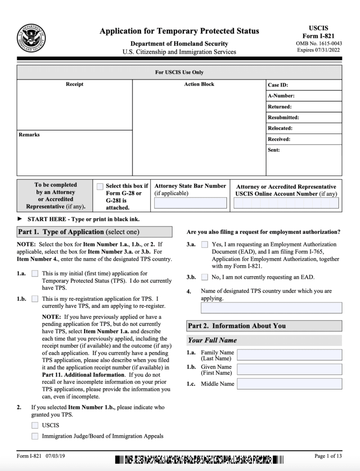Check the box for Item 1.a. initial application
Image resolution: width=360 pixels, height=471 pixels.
(x=35, y=274)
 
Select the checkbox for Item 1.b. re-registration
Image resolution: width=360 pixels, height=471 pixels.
(x=35, y=299)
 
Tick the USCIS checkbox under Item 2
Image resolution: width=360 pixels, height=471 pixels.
(x=35, y=425)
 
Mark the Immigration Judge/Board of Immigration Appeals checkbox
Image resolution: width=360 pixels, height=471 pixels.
(x=35, y=436)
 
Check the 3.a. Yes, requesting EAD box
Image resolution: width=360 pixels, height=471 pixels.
(x=205, y=245)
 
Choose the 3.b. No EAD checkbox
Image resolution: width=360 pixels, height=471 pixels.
(x=205, y=277)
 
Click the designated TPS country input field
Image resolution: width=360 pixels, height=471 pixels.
(x=271, y=308)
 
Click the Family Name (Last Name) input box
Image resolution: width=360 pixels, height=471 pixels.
(x=289, y=355)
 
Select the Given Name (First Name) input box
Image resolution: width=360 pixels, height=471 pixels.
(x=289, y=370)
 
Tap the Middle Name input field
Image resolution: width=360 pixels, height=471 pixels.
(x=289, y=384)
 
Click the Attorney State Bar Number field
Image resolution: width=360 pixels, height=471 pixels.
(x=190, y=203)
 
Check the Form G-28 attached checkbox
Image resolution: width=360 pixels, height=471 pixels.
(x=100, y=186)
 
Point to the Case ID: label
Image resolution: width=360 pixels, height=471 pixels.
(x=278, y=85)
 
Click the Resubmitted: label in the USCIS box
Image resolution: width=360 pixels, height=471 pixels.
(x=283, y=118)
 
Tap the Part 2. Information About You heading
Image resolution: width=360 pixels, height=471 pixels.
(x=237, y=326)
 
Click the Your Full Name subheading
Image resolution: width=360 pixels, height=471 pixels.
(x=212, y=340)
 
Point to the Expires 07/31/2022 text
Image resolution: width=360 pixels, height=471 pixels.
(x=319, y=50)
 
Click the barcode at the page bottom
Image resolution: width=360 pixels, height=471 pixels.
(x=199, y=460)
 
